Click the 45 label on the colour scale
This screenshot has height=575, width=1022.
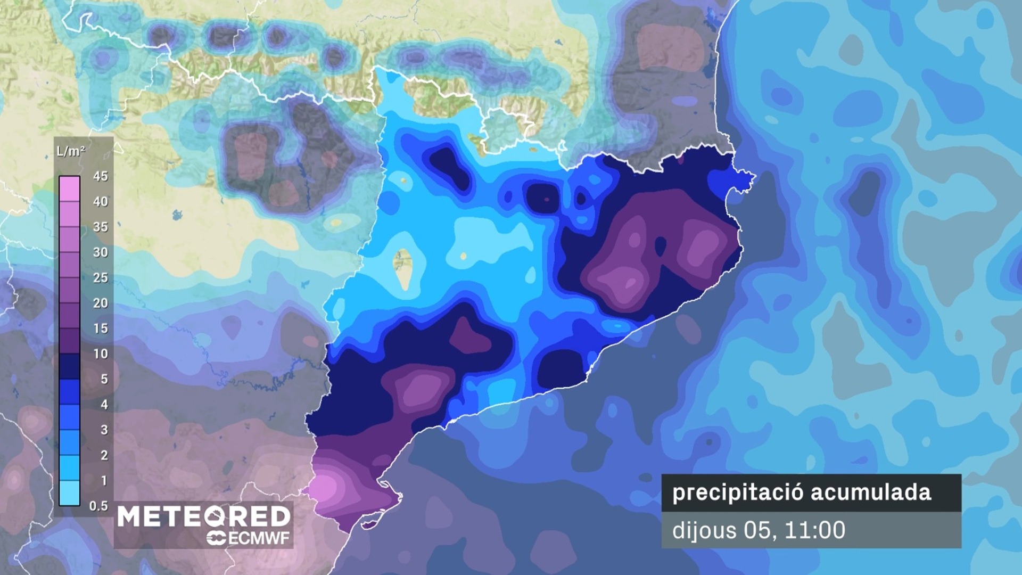[100, 176]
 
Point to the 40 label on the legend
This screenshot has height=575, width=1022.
[100, 202]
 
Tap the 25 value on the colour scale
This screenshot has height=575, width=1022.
[100, 278]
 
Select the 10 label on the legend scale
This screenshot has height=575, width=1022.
[100, 354]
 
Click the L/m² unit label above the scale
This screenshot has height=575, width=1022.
[71, 151]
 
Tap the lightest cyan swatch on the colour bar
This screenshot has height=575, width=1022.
[69, 492]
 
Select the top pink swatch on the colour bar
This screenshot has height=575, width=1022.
[69, 188]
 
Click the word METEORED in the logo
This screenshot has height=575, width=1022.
[204, 517]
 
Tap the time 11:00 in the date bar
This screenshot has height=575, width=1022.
[815, 530]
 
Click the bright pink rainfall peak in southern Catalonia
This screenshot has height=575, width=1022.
[323, 487]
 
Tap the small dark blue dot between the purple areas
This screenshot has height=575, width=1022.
[661, 246]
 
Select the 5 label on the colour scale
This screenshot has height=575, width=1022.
[104, 380]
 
